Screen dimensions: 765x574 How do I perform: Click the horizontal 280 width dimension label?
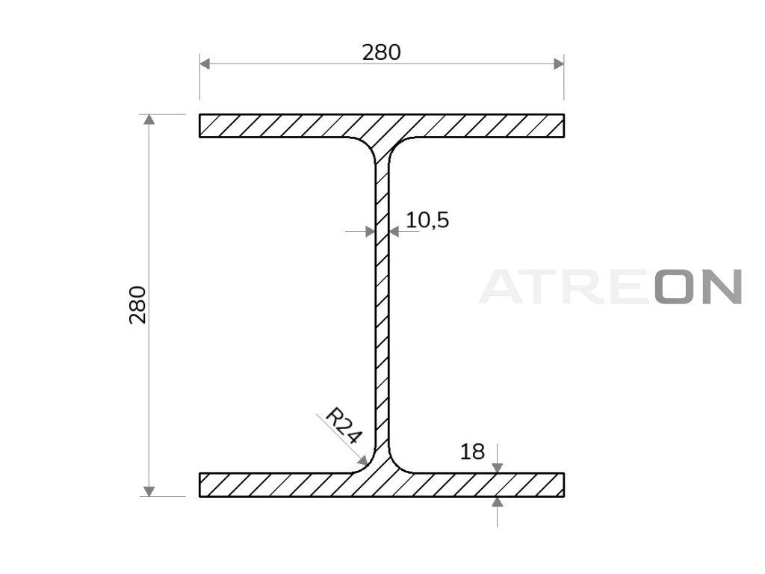pos(381,52)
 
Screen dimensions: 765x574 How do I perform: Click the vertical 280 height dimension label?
pos(137,305)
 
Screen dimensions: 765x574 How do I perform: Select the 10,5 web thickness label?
pos(427,220)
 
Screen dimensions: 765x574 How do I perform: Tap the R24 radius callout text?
pos(344,425)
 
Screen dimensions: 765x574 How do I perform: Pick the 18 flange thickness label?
pos(472,452)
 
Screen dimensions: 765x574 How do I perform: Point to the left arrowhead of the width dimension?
pos(205,64)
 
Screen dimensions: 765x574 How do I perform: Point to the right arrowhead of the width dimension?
pos(559,64)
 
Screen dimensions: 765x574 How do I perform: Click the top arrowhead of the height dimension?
pos(149,120)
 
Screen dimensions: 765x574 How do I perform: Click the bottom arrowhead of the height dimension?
pos(149,491)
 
